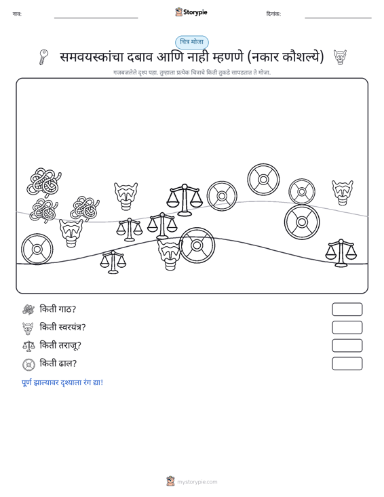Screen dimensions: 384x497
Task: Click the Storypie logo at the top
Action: [x=191, y=12]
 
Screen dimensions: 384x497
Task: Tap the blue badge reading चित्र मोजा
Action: [x=192, y=42]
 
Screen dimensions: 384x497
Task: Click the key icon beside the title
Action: [x=43, y=57]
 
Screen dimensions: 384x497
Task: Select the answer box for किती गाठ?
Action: [x=347, y=309]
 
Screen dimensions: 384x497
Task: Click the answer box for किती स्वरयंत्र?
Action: [x=347, y=327]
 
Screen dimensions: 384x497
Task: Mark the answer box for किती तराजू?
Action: [x=347, y=346]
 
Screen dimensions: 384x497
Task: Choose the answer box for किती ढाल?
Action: [x=347, y=363]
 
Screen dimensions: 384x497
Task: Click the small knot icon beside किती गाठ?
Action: [x=28, y=309]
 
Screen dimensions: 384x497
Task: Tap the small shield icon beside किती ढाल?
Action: [x=28, y=365]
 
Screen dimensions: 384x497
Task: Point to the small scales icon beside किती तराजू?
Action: [x=28, y=346]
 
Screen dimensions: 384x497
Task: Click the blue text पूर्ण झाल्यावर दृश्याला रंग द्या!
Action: [x=62, y=382]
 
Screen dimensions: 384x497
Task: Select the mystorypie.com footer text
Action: [x=197, y=482]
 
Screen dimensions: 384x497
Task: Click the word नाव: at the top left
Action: [x=17, y=14]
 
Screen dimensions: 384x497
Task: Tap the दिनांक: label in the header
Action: [x=273, y=14]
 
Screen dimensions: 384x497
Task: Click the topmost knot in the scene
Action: [x=44, y=182]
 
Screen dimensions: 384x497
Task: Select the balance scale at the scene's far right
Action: [x=341, y=253]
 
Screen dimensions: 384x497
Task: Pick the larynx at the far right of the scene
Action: [x=343, y=193]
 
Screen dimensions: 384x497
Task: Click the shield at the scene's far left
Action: [x=37, y=250]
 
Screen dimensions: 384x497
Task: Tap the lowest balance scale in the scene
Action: [x=113, y=262]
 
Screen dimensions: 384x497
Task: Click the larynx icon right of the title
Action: [x=340, y=58]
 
